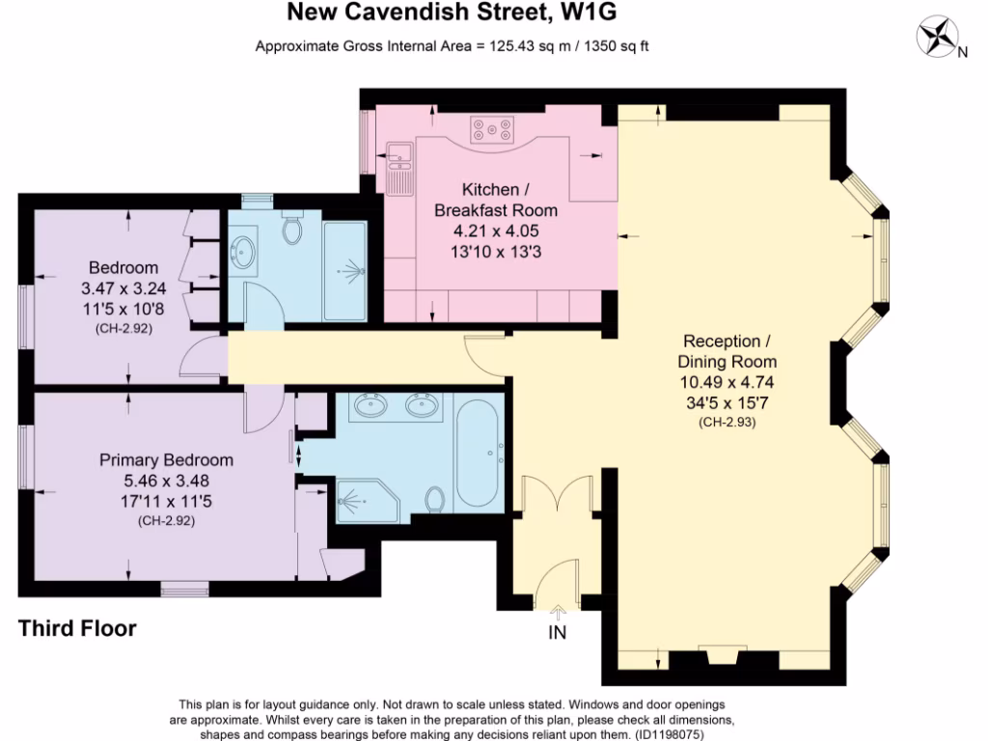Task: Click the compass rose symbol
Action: tap(937, 38)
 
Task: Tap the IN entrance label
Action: tap(558, 633)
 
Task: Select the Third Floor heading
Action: tap(77, 629)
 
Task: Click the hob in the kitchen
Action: tap(494, 130)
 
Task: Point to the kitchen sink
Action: tap(399, 154)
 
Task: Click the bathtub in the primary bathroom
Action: tap(479, 453)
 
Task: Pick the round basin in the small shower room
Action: tap(242, 252)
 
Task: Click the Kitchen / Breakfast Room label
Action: tap(496, 200)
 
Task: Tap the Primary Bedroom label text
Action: tap(166, 460)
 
